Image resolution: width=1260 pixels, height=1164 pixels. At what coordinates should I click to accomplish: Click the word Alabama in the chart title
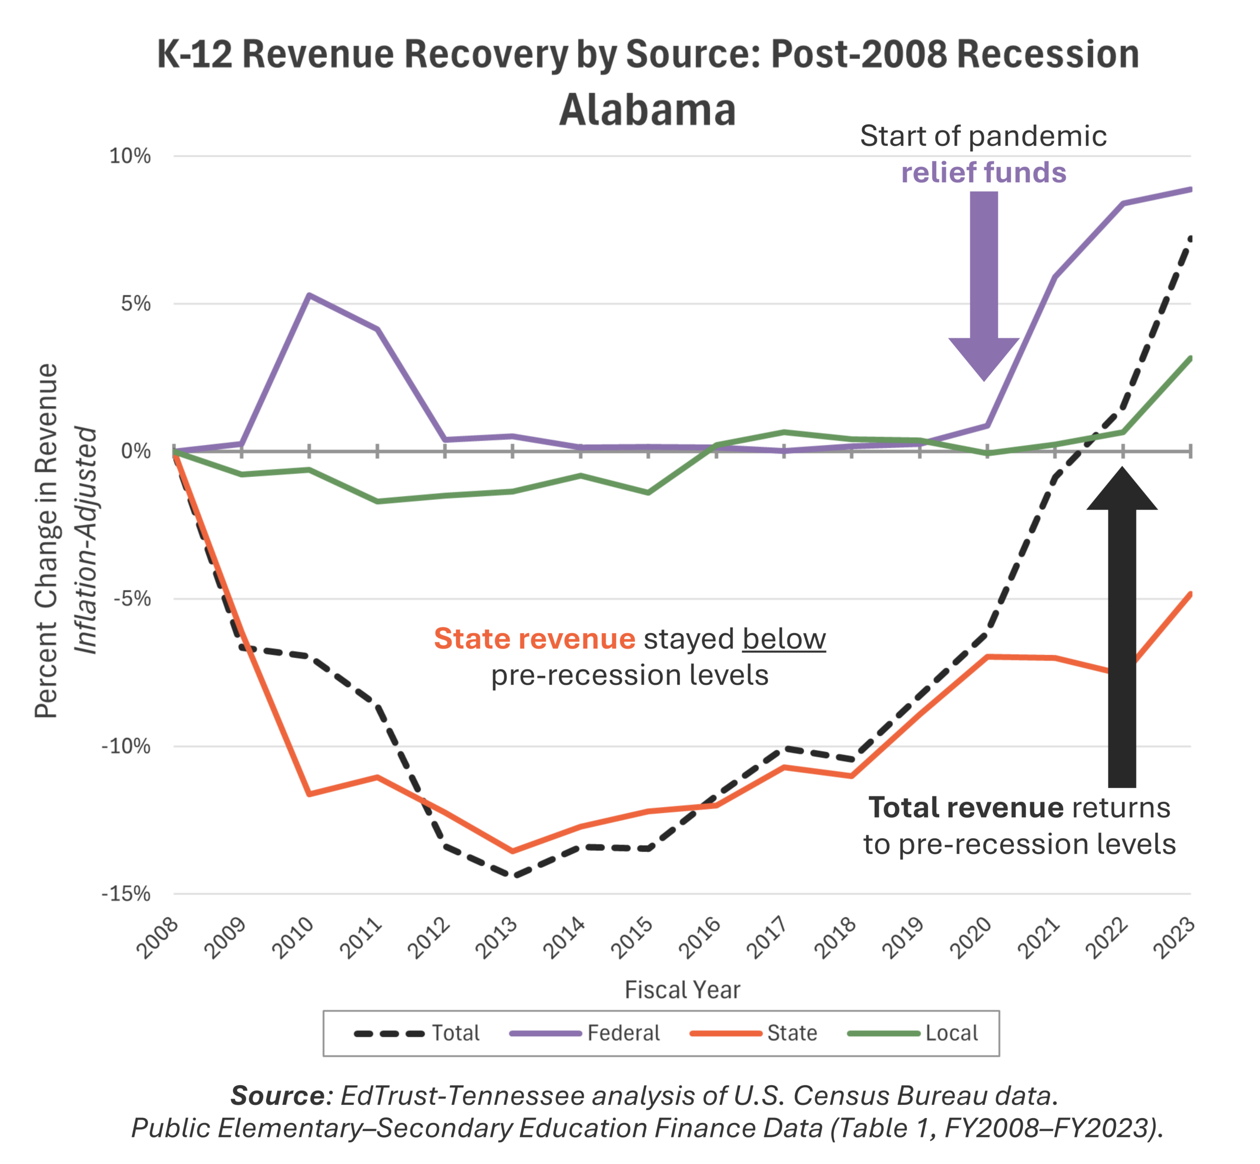click(647, 110)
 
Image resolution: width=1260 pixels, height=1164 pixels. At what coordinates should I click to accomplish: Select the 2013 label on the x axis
click(497, 938)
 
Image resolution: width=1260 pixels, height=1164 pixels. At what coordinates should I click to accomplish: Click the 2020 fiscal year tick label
click(972, 938)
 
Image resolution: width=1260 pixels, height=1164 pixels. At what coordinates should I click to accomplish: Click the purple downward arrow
click(984, 283)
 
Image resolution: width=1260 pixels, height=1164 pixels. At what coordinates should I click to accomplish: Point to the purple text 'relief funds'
click(984, 172)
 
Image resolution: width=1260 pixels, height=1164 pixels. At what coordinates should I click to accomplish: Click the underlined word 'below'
click(784, 639)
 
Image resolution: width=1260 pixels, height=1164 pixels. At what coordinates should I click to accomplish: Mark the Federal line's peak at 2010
click(309, 294)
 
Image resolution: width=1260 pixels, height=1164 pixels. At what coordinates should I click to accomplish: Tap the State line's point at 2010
click(309, 794)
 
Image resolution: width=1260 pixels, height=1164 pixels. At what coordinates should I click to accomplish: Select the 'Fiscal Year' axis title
click(682, 990)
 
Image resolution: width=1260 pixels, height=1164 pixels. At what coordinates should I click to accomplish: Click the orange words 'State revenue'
click(535, 639)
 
